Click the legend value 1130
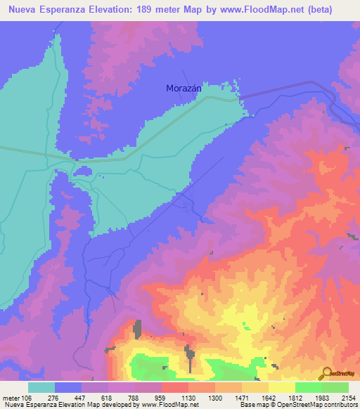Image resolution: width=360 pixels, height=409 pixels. pos(188,398)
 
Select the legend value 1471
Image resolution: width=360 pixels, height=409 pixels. pos(242,398)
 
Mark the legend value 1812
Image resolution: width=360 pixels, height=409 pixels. pos(295,398)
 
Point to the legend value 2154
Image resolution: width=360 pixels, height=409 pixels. pos(348,398)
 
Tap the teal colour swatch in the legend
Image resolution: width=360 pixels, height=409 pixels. pos(41,387)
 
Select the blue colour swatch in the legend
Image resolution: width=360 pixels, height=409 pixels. pos(68,387)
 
